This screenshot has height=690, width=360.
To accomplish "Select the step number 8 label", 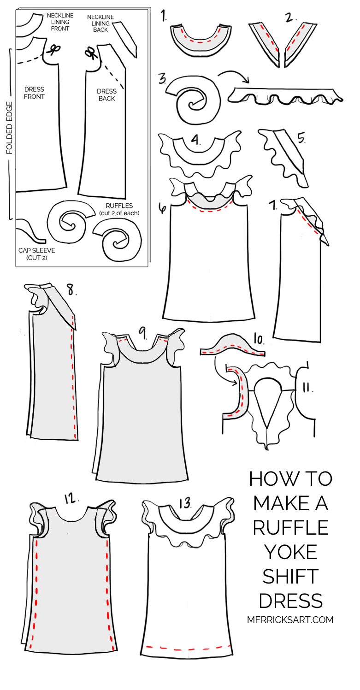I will [x=71, y=289].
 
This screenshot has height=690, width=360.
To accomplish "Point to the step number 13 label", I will [x=185, y=503].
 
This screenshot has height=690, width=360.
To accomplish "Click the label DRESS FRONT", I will [x=35, y=93].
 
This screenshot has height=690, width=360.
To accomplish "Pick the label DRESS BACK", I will [x=106, y=95].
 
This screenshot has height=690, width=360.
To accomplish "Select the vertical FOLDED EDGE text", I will [x=9, y=128].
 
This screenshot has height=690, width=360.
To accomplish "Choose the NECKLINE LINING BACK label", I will [x=100, y=24].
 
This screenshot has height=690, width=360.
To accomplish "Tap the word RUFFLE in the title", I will [x=290, y=527].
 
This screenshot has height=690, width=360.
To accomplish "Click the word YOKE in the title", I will [x=290, y=551].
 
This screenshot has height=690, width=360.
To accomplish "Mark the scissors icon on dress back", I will [x=90, y=53].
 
